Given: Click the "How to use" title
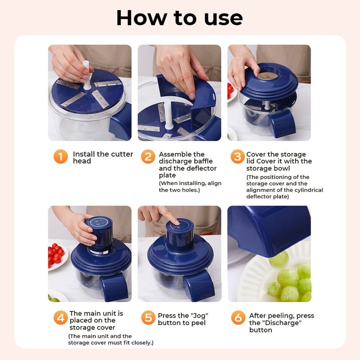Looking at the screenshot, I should (x=180, y=18).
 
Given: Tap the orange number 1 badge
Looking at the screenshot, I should (x=60, y=157).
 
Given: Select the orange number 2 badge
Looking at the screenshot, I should (x=148, y=157).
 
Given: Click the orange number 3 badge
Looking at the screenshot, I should (x=237, y=157).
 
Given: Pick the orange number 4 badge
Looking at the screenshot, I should (x=60, y=318).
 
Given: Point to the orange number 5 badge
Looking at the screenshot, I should (x=148, y=318).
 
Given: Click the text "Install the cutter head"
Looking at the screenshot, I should (x=103, y=157).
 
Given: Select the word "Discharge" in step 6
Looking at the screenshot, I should (x=275, y=323).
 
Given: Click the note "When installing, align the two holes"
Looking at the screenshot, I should (x=190, y=187).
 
